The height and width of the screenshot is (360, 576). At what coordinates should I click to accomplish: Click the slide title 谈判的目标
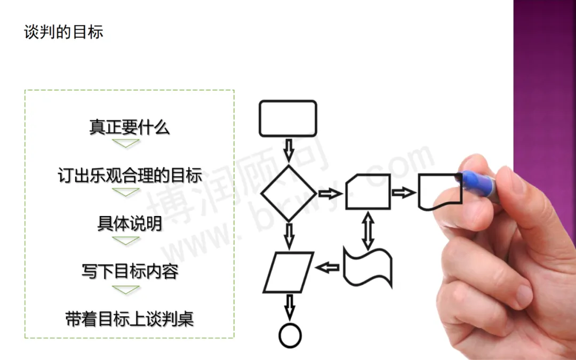(x=63, y=32)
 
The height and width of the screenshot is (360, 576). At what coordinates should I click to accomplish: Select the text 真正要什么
(x=129, y=127)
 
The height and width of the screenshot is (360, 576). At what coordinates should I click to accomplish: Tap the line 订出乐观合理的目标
(x=130, y=175)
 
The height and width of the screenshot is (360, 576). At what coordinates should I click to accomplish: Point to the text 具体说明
(x=129, y=223)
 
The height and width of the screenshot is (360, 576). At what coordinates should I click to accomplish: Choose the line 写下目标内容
(x=130, y=271)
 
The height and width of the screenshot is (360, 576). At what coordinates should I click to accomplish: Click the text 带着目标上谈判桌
(x=130, y=319)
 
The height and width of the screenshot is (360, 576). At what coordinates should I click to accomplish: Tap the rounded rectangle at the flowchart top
(x=288, y=118)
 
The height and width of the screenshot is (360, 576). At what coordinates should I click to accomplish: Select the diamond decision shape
(x=289, y=193)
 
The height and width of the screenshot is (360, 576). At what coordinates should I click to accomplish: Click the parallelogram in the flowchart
(x=288, y=272)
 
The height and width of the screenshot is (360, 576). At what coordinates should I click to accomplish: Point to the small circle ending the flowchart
(x=290, y=335)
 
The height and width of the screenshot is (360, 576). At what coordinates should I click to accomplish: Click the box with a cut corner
(x=368, y=191)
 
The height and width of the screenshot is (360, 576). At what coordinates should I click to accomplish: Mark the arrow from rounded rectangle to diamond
(x=289, y=150)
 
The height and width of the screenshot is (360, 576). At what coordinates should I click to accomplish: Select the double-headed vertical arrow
(x=367, y=230)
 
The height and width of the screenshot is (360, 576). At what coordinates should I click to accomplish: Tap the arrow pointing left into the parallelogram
(x=327, y=267)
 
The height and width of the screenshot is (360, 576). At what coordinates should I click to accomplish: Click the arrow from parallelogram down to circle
(x=290, y=307)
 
